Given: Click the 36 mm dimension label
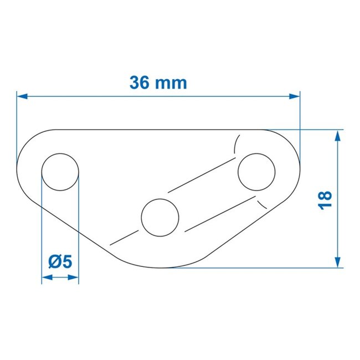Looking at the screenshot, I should tap(158, 83).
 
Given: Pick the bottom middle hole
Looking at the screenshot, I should tap(160, 215).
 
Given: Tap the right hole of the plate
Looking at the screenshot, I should tap(256, 172).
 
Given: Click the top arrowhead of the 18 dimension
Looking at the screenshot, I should tap(337, 135).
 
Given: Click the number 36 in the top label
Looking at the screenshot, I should tap(140, 83).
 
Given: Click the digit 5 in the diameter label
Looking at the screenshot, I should tap(68, 260).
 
